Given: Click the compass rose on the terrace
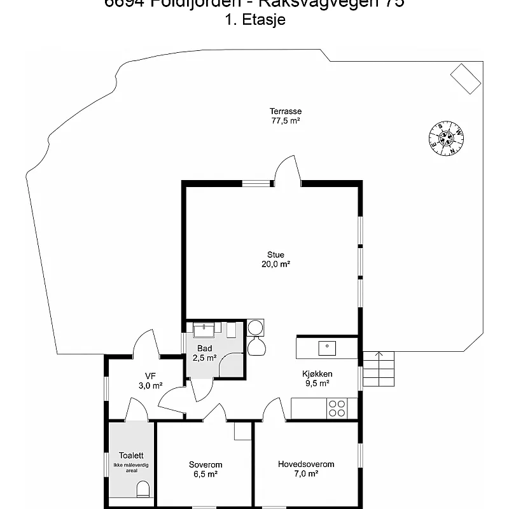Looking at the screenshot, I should (447, 137).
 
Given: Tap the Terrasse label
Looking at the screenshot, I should (286, 111).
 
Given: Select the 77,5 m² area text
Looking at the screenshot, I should (286, 120).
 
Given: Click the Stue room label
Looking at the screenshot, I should (275, 254).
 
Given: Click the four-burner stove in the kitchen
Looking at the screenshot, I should (337, 408).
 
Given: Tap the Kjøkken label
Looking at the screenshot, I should (317, 374).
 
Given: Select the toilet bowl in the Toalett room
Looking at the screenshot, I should (143, 489).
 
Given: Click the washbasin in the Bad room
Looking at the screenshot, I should (204, 330).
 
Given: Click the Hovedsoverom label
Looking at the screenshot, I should (306, 464).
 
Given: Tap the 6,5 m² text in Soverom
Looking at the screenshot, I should (206, 474).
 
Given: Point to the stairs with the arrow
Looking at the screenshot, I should (379, 369).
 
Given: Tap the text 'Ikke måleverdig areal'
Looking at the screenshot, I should (131, 468).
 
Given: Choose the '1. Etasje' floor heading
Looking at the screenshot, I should (254, 20).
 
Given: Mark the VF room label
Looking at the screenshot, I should (150, 375).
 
